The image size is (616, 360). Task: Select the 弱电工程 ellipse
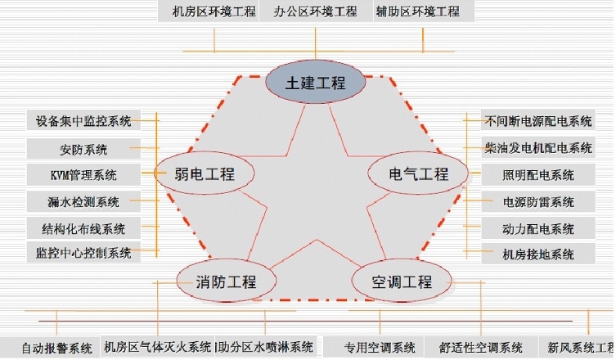coord(205,173)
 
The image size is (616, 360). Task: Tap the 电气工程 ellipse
coord(419,173)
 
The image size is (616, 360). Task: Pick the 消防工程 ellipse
coord(226,282)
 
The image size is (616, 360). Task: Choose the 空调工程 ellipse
coord(401,282)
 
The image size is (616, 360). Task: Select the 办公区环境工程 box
coord(315,11)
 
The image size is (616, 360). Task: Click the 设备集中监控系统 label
coord(83,121)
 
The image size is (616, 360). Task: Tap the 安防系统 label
coord(83,149)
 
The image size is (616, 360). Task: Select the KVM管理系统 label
coord(83,174)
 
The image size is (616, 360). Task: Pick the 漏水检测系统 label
coord(83,201)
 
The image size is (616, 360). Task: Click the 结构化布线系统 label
coord(83,228)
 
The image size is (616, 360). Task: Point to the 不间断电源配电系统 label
coord(537,121)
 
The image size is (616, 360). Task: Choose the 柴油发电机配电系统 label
coord(537,148)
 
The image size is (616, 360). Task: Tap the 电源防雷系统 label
coord(537,201)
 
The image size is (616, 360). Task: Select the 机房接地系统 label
coord(537,254)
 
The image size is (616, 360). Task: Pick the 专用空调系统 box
coord(379,348)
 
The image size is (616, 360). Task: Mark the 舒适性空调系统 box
coord(480,348)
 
